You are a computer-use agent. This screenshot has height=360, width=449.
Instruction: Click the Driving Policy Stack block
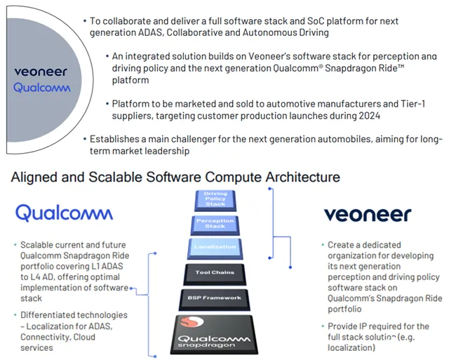[x=215, y=199]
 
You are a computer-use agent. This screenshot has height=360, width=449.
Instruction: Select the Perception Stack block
[x=215, y=224]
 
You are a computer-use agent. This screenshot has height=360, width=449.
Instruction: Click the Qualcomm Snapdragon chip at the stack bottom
[x=215, y=334]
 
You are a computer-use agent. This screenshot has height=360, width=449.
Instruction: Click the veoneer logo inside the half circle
[x=41, y=71]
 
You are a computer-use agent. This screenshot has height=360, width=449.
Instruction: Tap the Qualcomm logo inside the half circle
[x=41, y=88]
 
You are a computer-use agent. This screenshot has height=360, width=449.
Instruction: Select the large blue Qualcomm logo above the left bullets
[x=64, y=212]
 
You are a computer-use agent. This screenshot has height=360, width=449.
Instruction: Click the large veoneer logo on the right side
[x=368, y=214]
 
